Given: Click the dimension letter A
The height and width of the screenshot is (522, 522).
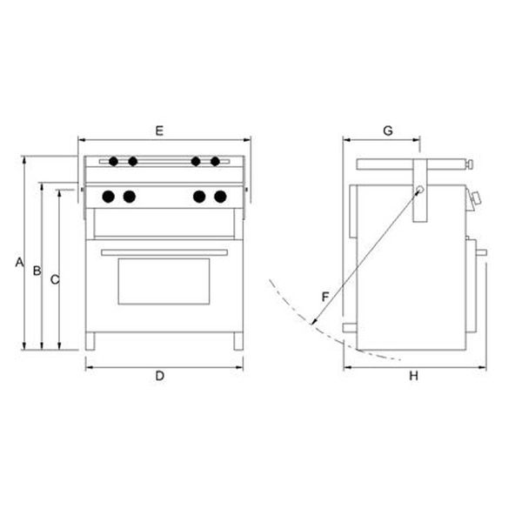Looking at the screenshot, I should [17, 262].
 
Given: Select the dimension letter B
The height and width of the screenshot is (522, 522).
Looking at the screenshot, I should [37, 271].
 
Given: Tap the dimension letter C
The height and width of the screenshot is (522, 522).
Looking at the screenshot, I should [54, 279].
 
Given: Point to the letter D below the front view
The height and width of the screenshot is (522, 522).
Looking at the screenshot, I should [160, 376].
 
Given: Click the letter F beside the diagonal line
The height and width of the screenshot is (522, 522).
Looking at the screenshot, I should [325, 297].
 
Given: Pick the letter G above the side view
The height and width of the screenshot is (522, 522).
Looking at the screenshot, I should [388, 130].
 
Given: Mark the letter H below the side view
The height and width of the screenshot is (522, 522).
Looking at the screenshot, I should [414, 376].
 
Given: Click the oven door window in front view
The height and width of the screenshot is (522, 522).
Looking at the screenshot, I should [164, 281].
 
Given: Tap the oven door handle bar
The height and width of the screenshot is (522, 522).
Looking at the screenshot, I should [164, 252].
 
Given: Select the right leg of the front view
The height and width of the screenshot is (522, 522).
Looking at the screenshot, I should [237, 342].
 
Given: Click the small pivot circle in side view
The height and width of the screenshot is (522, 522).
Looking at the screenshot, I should [418, 190].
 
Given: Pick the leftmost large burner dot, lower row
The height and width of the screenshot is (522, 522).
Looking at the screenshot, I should [109, 197].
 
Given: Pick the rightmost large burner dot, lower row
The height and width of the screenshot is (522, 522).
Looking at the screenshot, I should [221, 197].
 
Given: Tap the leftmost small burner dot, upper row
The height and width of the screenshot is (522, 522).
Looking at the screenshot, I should [113, 161].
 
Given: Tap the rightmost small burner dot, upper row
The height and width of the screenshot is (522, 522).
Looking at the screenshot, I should [215, 161].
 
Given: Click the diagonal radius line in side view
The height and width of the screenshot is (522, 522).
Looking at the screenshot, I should [365, 258].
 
